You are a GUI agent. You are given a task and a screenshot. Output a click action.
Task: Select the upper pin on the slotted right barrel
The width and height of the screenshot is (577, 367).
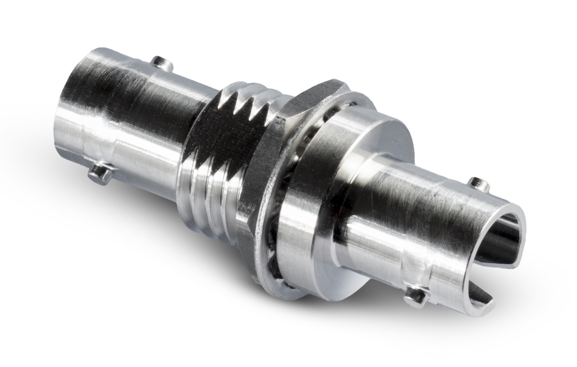[478, 184]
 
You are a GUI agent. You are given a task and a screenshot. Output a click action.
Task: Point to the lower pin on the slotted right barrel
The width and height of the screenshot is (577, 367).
[416, 296]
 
